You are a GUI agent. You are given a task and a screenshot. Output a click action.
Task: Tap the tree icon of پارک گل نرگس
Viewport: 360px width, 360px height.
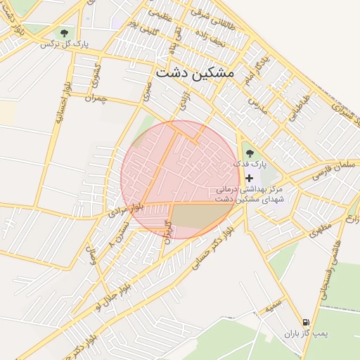pos(65,32)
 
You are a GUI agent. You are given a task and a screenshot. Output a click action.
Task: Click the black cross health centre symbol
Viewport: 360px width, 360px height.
pos(249,178)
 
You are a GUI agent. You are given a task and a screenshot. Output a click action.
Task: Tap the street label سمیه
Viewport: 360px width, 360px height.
pos(274,307)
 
